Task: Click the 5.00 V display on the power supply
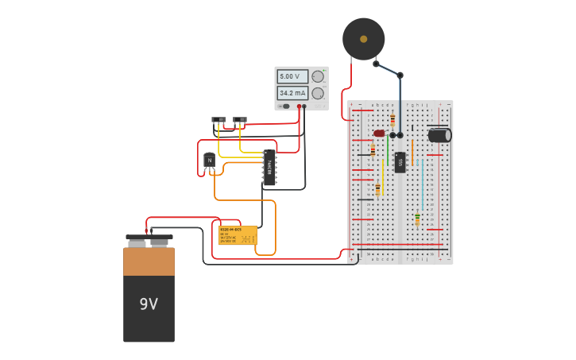292,76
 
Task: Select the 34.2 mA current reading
292,93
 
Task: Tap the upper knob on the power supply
318,76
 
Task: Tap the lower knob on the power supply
318,93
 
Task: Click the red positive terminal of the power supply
300,106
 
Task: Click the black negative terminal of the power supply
305,106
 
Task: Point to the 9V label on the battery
149,304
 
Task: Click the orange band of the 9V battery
149,261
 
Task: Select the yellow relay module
238,235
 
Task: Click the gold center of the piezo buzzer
364,38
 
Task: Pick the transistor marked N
209,161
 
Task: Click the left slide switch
218,120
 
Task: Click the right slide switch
240,120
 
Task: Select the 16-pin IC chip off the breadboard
270,167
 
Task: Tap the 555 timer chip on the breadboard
400,162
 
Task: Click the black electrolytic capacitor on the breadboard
439,135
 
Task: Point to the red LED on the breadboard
379,133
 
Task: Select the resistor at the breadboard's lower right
417,219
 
